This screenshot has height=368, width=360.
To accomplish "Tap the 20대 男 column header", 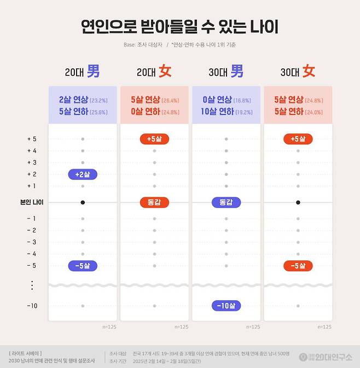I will point(82,71).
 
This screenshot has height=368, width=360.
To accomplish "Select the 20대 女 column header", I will point(154,71).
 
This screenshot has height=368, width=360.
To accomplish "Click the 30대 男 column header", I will point(226,71).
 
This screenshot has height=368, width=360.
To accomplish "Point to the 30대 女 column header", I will point(298,71).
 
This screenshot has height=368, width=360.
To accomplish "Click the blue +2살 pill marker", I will point(83,174).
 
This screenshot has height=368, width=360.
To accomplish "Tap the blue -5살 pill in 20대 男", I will point(83,266).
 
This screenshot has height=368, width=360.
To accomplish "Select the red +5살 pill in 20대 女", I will point(154,139).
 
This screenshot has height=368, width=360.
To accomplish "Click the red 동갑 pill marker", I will point(154,202).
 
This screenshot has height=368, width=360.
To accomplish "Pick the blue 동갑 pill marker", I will point(226,202).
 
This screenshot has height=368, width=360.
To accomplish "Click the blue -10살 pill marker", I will point(226,306).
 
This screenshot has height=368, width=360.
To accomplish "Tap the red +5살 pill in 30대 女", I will point(298,139).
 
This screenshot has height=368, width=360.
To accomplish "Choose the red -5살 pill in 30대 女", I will point(298,266).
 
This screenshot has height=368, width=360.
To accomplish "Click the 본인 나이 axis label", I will point(32,202).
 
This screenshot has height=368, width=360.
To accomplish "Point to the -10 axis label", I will point(32,306).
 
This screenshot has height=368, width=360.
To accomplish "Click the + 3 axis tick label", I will point(32,162).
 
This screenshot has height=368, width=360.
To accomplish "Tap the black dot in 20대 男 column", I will point(83,202).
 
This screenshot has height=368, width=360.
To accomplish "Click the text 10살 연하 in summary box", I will point(217,112).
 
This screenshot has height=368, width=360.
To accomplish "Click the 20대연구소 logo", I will point(326,357).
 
